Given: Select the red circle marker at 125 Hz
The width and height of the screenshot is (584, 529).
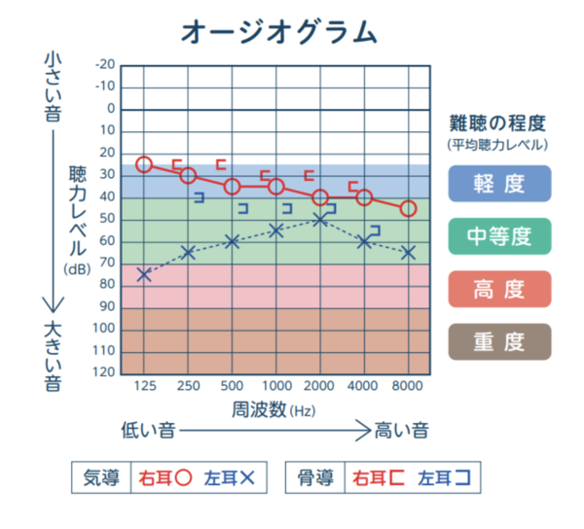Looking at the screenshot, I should tap(144, 164).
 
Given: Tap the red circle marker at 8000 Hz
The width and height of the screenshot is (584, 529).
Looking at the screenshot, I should tap(408, 209).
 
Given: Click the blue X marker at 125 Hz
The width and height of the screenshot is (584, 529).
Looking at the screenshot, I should tap(144, 275).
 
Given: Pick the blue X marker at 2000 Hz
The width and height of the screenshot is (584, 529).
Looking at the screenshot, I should tap(320, 220).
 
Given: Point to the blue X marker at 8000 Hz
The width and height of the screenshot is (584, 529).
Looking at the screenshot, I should tap(408, 253).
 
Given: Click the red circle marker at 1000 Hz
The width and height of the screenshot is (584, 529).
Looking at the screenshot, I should tap(276, 187).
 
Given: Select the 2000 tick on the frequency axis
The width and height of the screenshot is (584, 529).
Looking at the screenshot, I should tap(320, 387).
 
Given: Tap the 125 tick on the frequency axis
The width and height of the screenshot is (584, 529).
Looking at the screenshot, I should tap(144, 387).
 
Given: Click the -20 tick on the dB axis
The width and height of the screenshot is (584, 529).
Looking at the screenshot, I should tap(104, 65).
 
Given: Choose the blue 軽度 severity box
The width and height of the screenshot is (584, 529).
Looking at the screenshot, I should tap(499, 183).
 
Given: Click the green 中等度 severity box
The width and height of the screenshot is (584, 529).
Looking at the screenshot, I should tap(499, 235).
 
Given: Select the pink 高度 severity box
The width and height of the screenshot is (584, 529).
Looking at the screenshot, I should tap(499, 289).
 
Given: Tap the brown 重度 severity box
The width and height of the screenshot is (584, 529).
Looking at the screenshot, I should tap(499, 342).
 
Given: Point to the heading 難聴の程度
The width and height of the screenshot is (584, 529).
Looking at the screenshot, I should tap(496, 123).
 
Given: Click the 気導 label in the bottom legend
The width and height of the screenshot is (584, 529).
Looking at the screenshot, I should tap(101, 477).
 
